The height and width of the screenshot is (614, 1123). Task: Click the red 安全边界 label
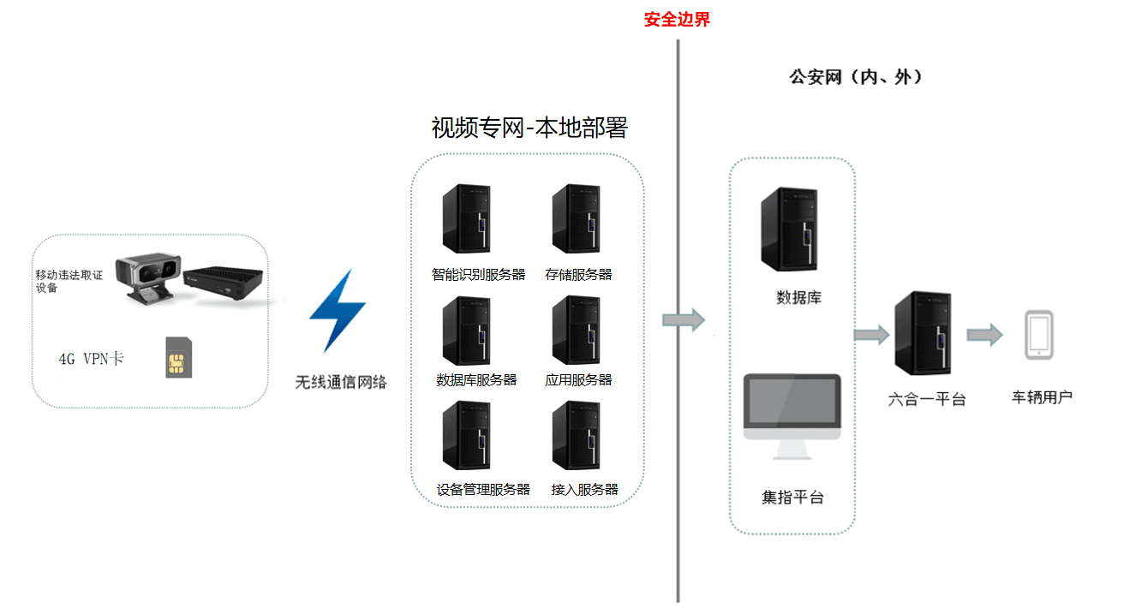677,20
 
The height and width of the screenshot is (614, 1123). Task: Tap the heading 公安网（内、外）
855,77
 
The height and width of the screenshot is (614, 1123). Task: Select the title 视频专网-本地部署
529,128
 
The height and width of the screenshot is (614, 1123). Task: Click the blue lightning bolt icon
337,310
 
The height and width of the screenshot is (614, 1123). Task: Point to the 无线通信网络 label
341,383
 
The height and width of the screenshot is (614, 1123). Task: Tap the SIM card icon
178,358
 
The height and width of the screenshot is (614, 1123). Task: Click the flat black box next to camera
225,283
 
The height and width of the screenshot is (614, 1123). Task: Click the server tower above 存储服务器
575,219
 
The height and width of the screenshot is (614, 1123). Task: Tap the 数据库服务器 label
476,380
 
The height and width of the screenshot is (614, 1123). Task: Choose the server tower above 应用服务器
575,331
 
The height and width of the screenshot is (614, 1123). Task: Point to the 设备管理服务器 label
483,490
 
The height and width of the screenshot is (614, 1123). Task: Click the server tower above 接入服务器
575,436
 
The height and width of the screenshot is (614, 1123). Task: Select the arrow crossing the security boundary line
683,321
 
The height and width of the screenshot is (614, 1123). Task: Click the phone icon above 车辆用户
1039,335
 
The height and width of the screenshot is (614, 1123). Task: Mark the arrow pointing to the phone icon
984,335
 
